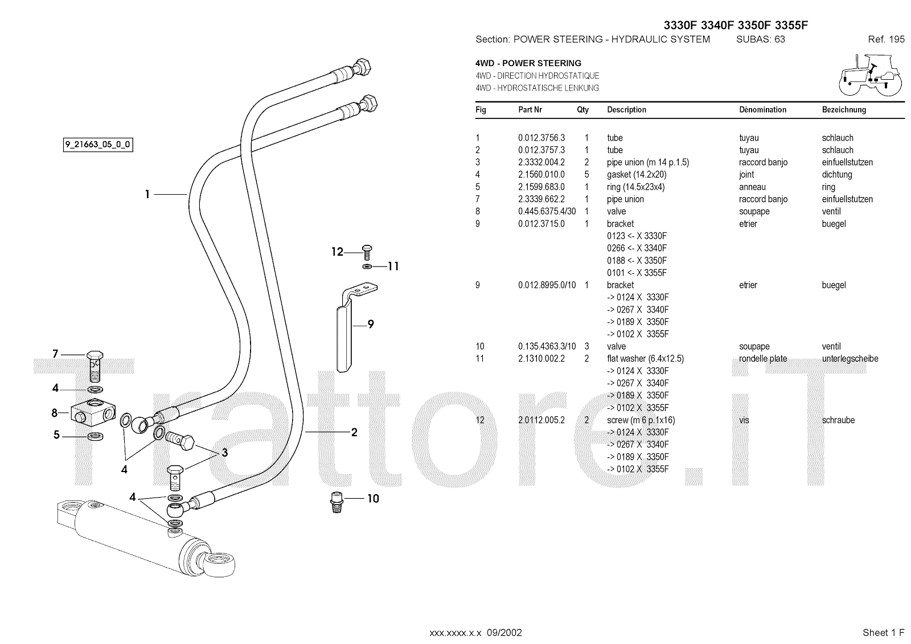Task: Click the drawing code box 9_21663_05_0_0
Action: tap(98, 145)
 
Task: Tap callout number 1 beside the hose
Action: tap(147, 195)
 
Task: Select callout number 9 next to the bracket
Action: tap(371, 324)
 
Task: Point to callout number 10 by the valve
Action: tap(373, 498)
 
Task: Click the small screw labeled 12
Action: tap(367, 253)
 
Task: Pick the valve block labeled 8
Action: tap(93, 412)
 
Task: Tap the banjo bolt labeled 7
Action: tap(95, 366)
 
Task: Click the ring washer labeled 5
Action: tap(95, 437)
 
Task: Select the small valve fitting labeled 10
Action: tap(337, 503)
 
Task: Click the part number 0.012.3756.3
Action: tap(541, 138)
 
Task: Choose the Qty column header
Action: tap(583, 110)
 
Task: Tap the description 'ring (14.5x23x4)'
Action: tap(635, 187)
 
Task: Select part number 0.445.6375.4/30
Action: tap(547, 212)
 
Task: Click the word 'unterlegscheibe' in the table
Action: tap(850, 359)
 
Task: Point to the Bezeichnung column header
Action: tap(844, 110)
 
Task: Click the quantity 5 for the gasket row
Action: tap(586, 175)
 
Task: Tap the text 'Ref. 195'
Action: tap(886, 39)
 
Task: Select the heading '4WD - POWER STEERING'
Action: tap(528, 63)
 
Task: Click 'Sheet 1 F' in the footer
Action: tap(883, 633)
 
